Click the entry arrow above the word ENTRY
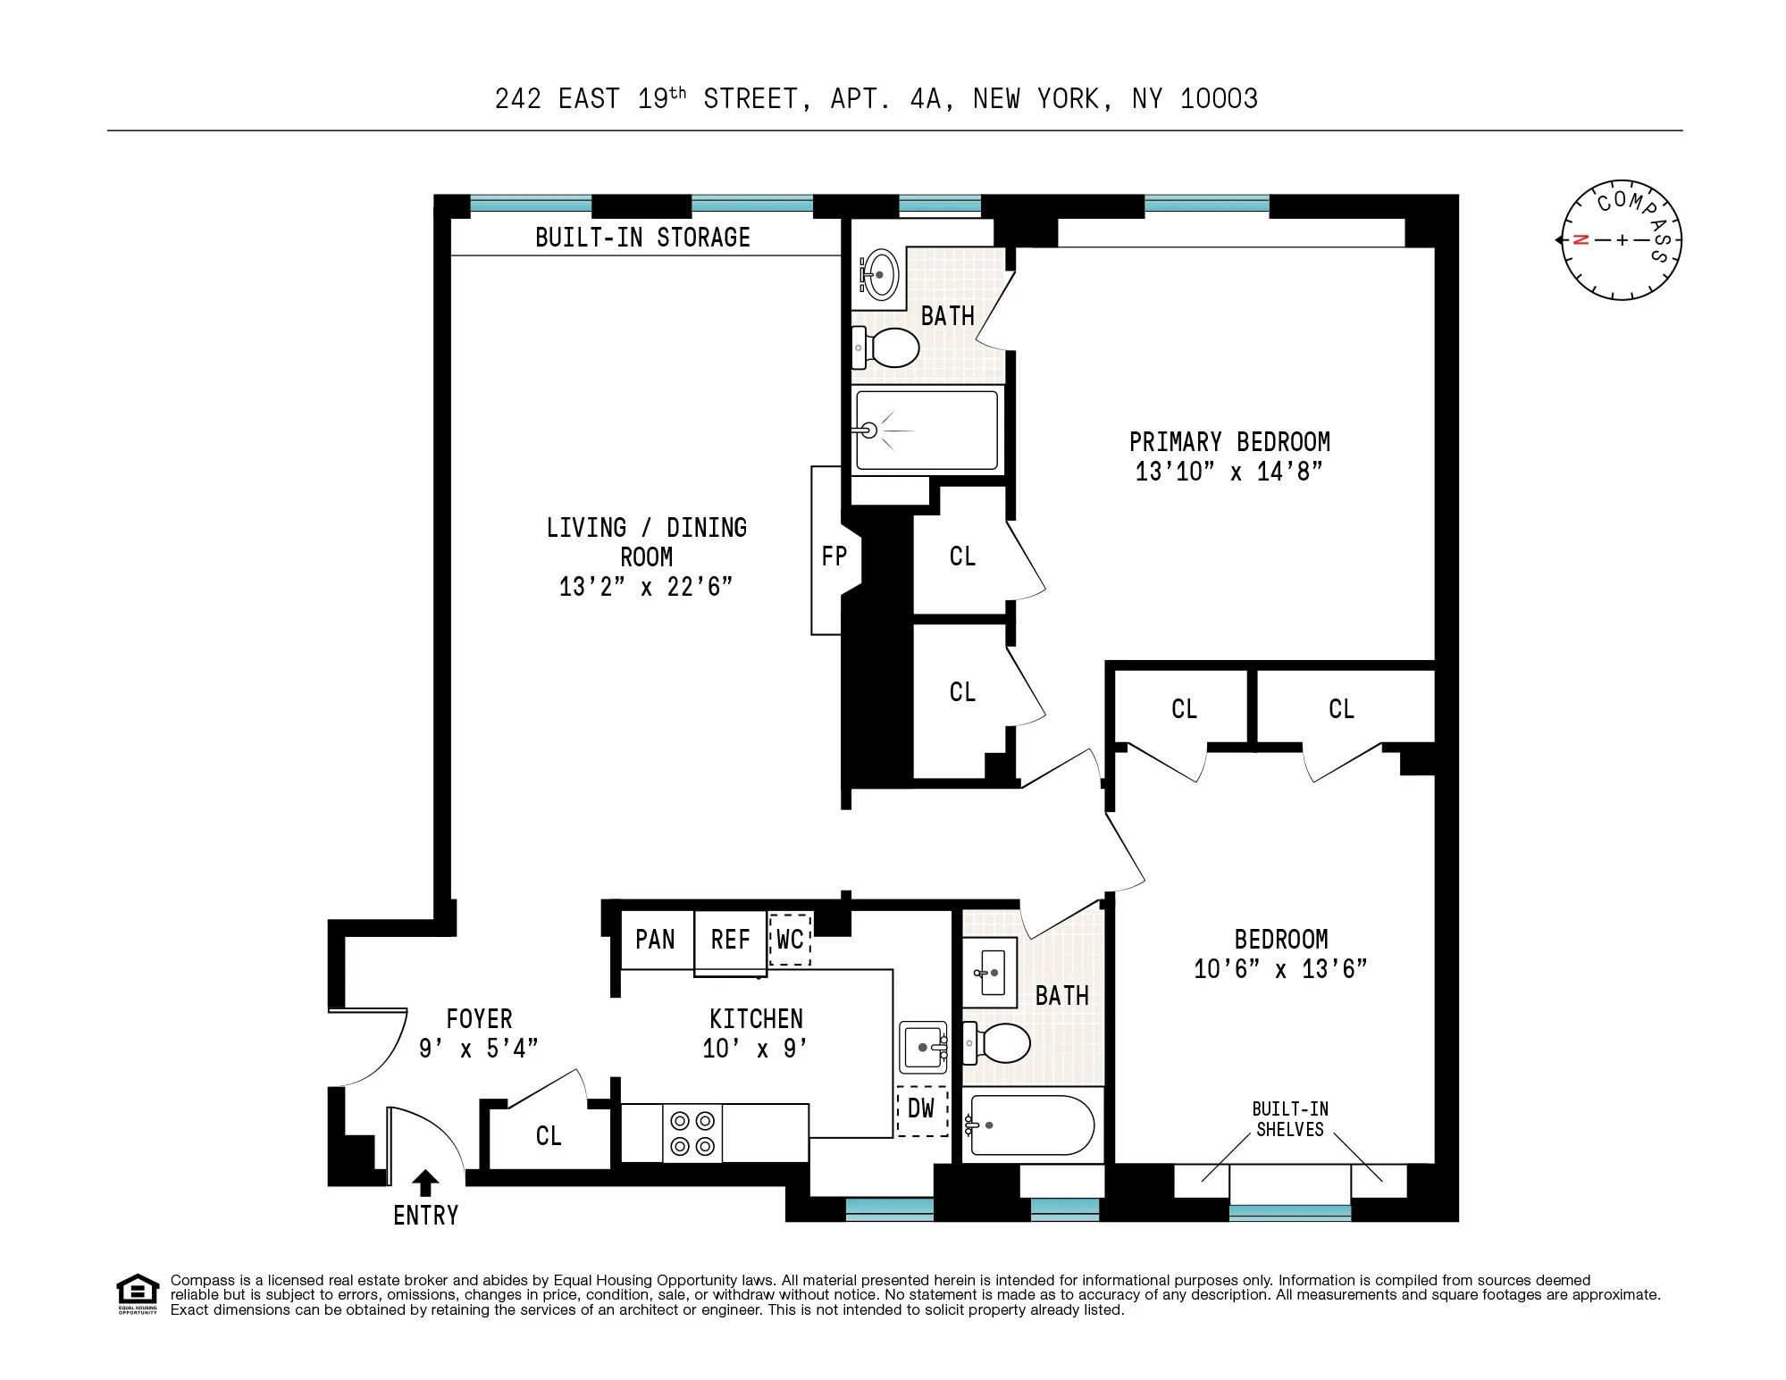tap(425, 1183)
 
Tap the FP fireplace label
tap(834, 556)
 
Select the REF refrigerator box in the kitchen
tap(730, 940)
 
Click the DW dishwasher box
tap(921, 1109)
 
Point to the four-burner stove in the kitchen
tap(692, 1133)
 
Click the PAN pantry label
tap(655, 940)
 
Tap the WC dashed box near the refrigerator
tap(790, 940)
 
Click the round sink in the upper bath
tap(879, 274)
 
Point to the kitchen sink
tap(922, 1048)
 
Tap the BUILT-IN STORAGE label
tap(642, 238)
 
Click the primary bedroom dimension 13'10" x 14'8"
tap(1228, 472)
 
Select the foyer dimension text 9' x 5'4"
tap(479, 1048)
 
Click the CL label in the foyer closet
tap(549, 1136)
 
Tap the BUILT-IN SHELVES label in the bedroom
tap(1290, 1119)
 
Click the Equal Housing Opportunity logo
tap(137, 1294)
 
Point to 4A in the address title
tap(925, 98)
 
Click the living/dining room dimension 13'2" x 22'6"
tap(646, 587)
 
